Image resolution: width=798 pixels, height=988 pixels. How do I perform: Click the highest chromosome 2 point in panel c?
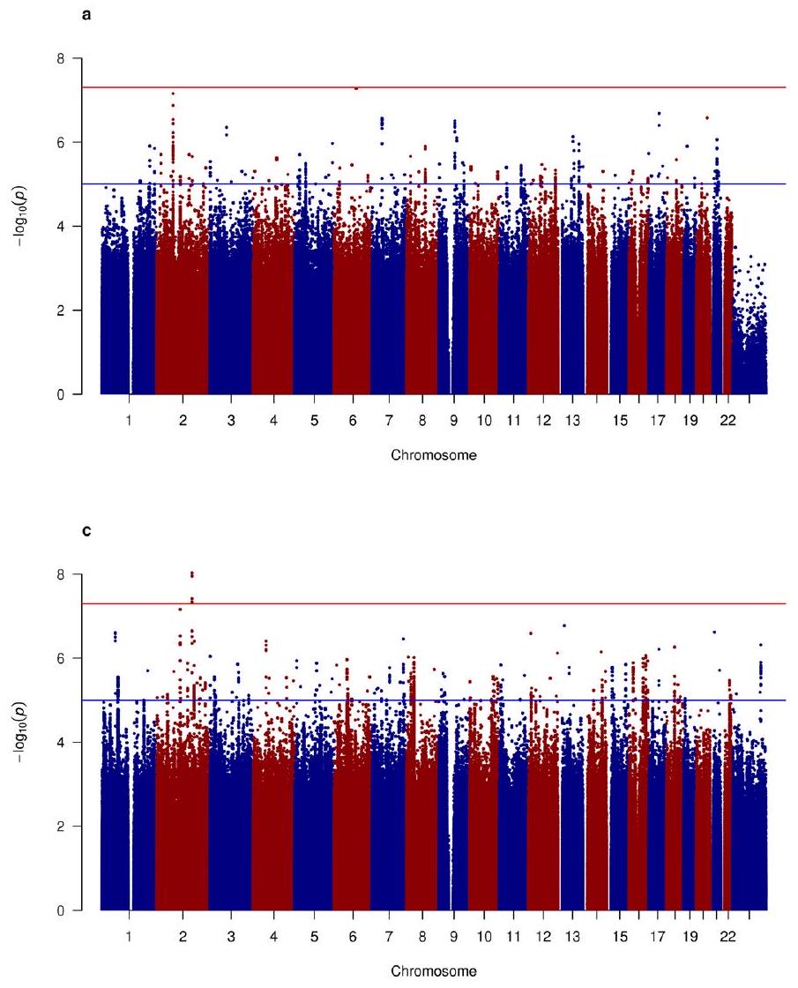pyautogui.click(x=192, y=573)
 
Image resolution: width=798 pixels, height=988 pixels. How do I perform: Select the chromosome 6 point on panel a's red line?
pyautogui.click(x=356, y=88)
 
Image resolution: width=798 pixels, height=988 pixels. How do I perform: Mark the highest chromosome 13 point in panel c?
pyautogui.click(x=564, y=625)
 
